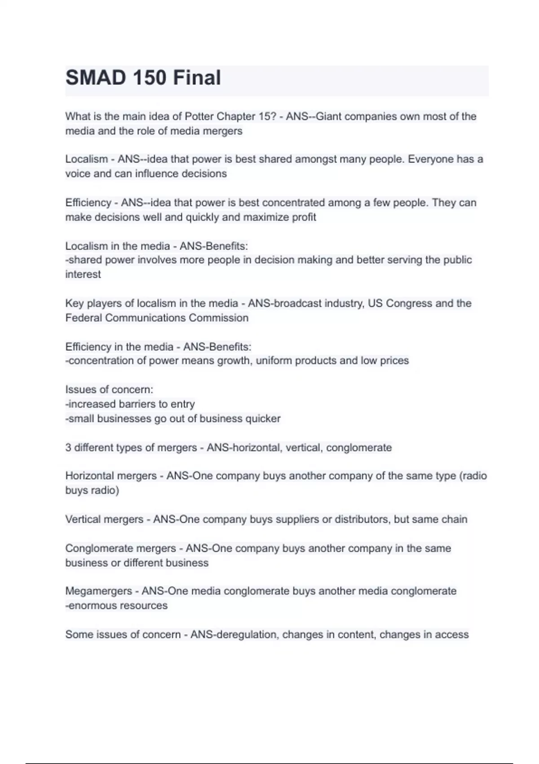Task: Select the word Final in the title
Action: [x=197, y=78]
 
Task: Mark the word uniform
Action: [x=274, y=360]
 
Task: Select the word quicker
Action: [x=263, y=418]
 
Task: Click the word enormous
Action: [x=89, y=605]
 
